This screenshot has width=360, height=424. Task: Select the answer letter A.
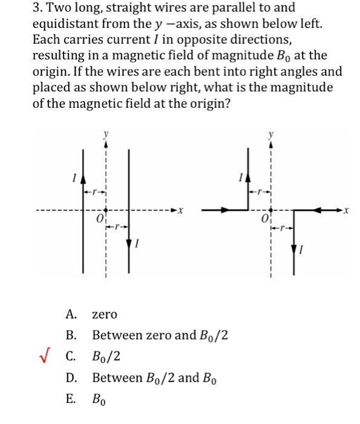click(71, 314)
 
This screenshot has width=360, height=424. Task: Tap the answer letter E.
click(71, 399)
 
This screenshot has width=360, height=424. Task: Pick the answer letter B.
click(71, 335)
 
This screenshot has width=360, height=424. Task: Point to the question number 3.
click(9, 8)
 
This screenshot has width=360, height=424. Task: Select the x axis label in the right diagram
click(345, 211)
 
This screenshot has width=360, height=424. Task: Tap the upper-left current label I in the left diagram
click(73, 177)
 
